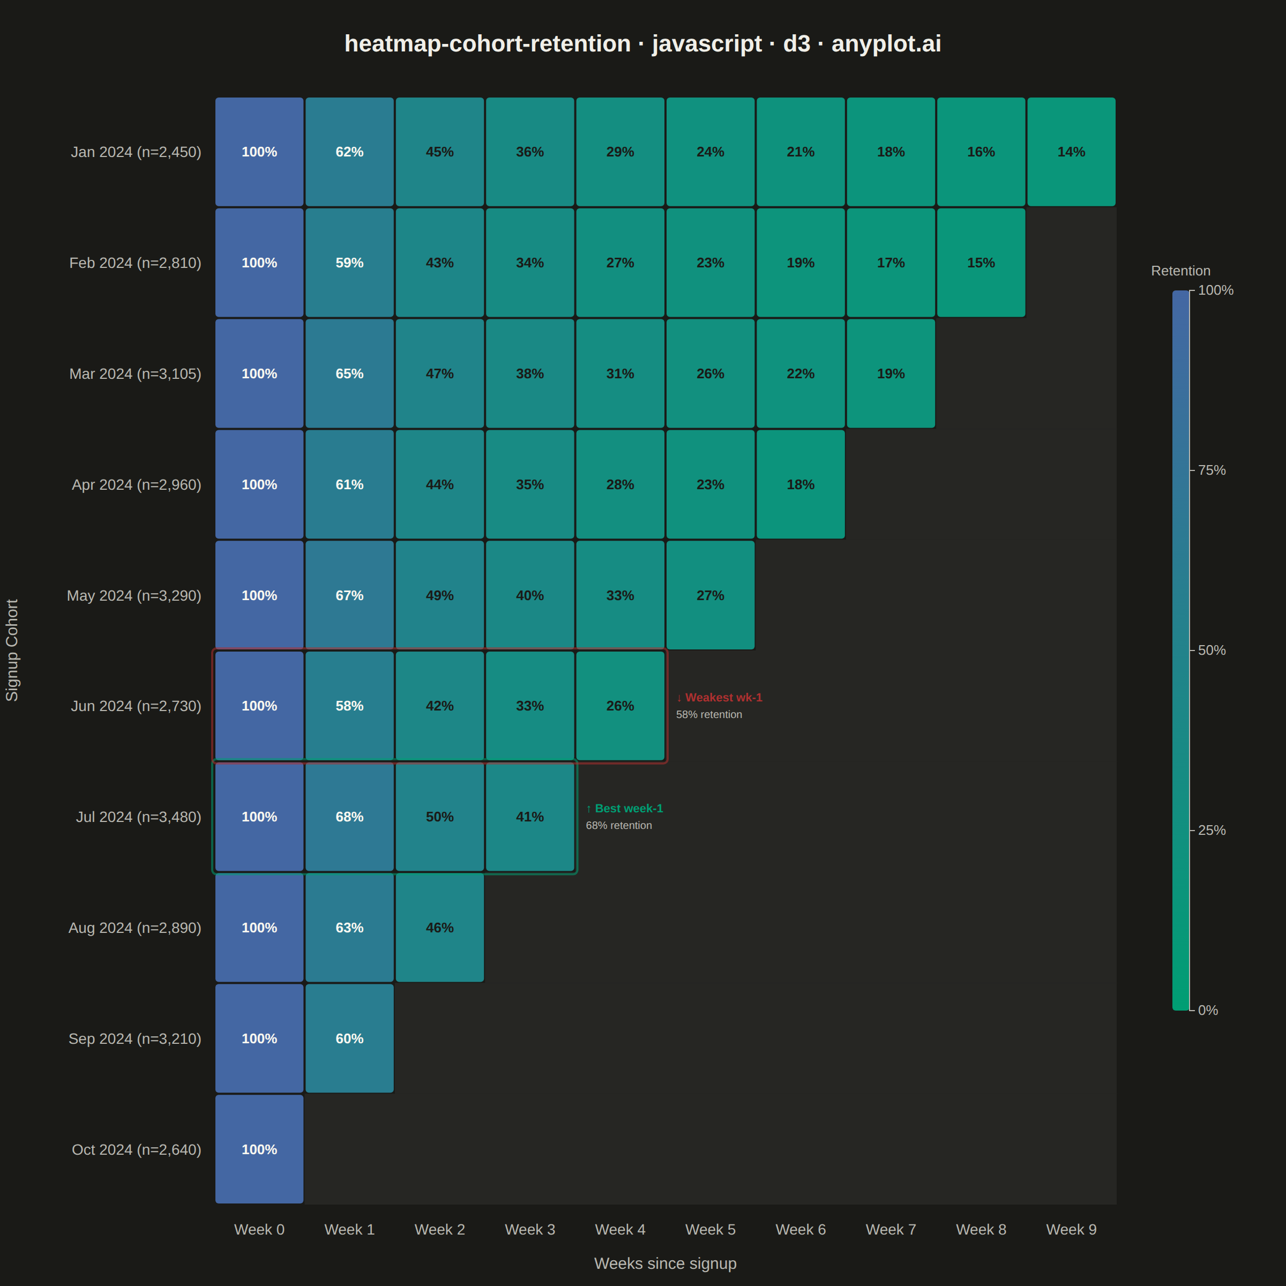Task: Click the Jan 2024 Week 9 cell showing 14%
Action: click(1071, 152)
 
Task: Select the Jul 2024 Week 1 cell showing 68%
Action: click(349, 817)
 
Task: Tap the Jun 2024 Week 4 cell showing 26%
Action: click(620, 706)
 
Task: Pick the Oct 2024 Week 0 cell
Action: click(259, 1149)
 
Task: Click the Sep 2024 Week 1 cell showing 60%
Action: click(349, 1038)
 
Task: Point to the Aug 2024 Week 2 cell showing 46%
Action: click(439, 927)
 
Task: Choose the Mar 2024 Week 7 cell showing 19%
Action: click(891, 373)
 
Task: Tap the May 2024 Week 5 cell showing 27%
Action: click(710, 595)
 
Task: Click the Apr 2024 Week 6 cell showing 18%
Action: click(801, 484)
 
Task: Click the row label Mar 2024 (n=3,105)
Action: click(135, 374)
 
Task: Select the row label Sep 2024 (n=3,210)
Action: click(135, 1039)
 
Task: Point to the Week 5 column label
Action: click(710, 1229)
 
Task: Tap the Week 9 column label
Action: click(1071, 1229)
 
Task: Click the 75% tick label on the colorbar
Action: click(1212, 470)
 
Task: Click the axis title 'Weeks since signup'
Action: click(665, 1263)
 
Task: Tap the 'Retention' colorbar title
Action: click(1180, 271)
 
